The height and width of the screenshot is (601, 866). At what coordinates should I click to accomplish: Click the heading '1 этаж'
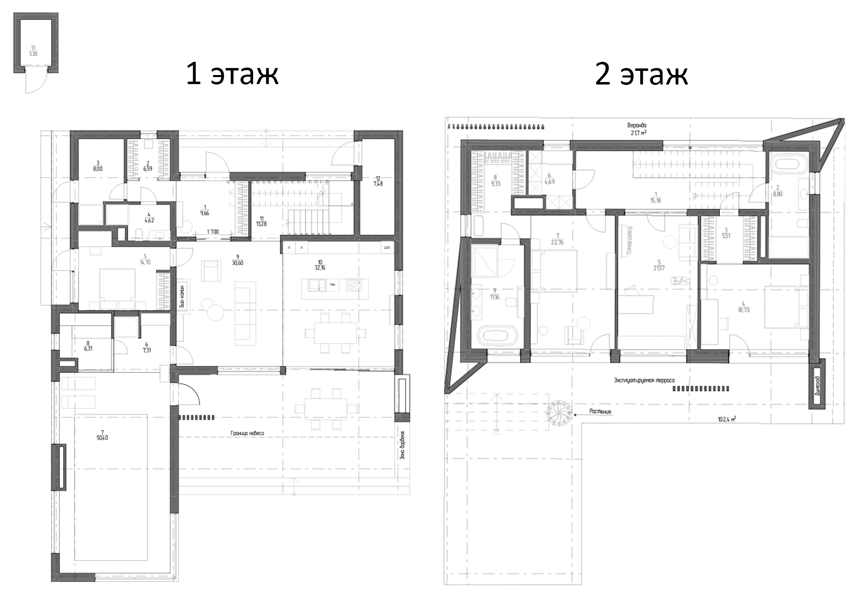pyautogui.click(x=232, y=74)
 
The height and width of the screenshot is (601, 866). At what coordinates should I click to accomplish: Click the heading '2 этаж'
pyautogui.click(x=641, y=74)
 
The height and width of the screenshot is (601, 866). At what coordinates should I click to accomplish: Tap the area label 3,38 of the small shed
pyautogui.click(x=33, y=53)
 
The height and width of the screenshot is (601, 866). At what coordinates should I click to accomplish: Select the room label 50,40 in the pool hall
pyautogui.click(x=102, y=438)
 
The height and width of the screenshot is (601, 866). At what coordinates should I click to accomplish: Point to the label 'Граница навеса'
pyautogui.click(x=247, y=433)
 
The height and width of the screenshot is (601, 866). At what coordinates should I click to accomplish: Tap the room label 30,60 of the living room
pyautogui.click(x=237, y=263)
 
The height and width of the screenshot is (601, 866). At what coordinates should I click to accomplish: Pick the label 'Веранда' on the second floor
pyautogui.click(x=637, y=125)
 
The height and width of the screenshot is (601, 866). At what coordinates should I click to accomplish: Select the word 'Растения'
pyautogui.click(x=600, y=411)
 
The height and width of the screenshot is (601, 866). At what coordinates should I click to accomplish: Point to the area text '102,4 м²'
pyautogui.click(x=726, y=419)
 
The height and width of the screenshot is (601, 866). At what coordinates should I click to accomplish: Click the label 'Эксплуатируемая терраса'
pyautogui.click(x=644, y=380)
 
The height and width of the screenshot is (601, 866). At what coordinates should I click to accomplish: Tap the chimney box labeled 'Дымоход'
pyautogui.click(x=817, y=384)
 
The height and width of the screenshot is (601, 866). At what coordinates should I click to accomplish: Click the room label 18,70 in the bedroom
pyautogui.click(x=744, y=310)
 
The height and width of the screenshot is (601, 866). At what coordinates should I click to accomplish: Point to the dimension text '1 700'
pyautogui.click(x=213, y=232)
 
